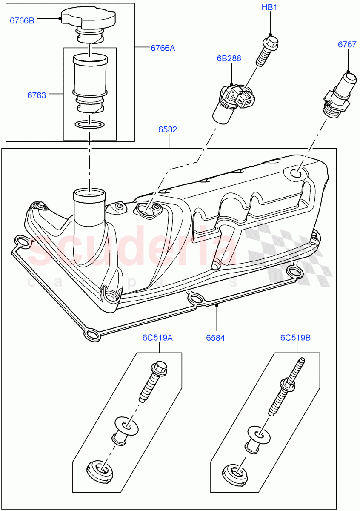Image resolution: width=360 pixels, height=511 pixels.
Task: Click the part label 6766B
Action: [x=22, y=20]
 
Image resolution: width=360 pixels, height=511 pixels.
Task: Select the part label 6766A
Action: [x=163, y=48]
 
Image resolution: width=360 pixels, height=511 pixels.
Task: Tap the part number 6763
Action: [x=37, y=95]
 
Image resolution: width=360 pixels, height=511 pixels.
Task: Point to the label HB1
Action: [x=269, y=7]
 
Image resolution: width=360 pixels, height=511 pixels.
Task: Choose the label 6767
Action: [x=347, y=44]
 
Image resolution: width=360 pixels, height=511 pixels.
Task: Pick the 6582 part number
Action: [x=168, y=129]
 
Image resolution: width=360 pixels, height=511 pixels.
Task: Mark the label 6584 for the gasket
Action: [x=215, y=338]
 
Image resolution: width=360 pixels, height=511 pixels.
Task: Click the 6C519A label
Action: [x=157, y=338]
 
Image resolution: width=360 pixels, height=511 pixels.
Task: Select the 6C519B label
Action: [x=295, y=338]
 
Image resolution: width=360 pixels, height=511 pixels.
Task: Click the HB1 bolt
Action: [x=267, y=52]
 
